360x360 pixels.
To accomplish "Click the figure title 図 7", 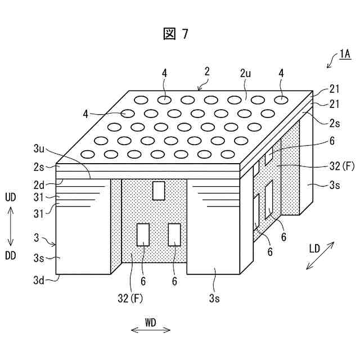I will coord(175,34).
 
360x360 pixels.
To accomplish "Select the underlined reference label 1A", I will coord(345,55).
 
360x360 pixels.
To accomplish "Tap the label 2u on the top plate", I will coord(246,74).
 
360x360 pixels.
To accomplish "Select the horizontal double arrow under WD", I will coord(150,332).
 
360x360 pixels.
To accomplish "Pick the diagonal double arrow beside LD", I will coord(320,256).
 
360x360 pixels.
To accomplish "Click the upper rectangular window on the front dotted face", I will coord(159,190).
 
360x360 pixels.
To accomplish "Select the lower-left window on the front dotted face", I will coord(143,234).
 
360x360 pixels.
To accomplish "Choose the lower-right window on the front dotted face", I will coord(174,234).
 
